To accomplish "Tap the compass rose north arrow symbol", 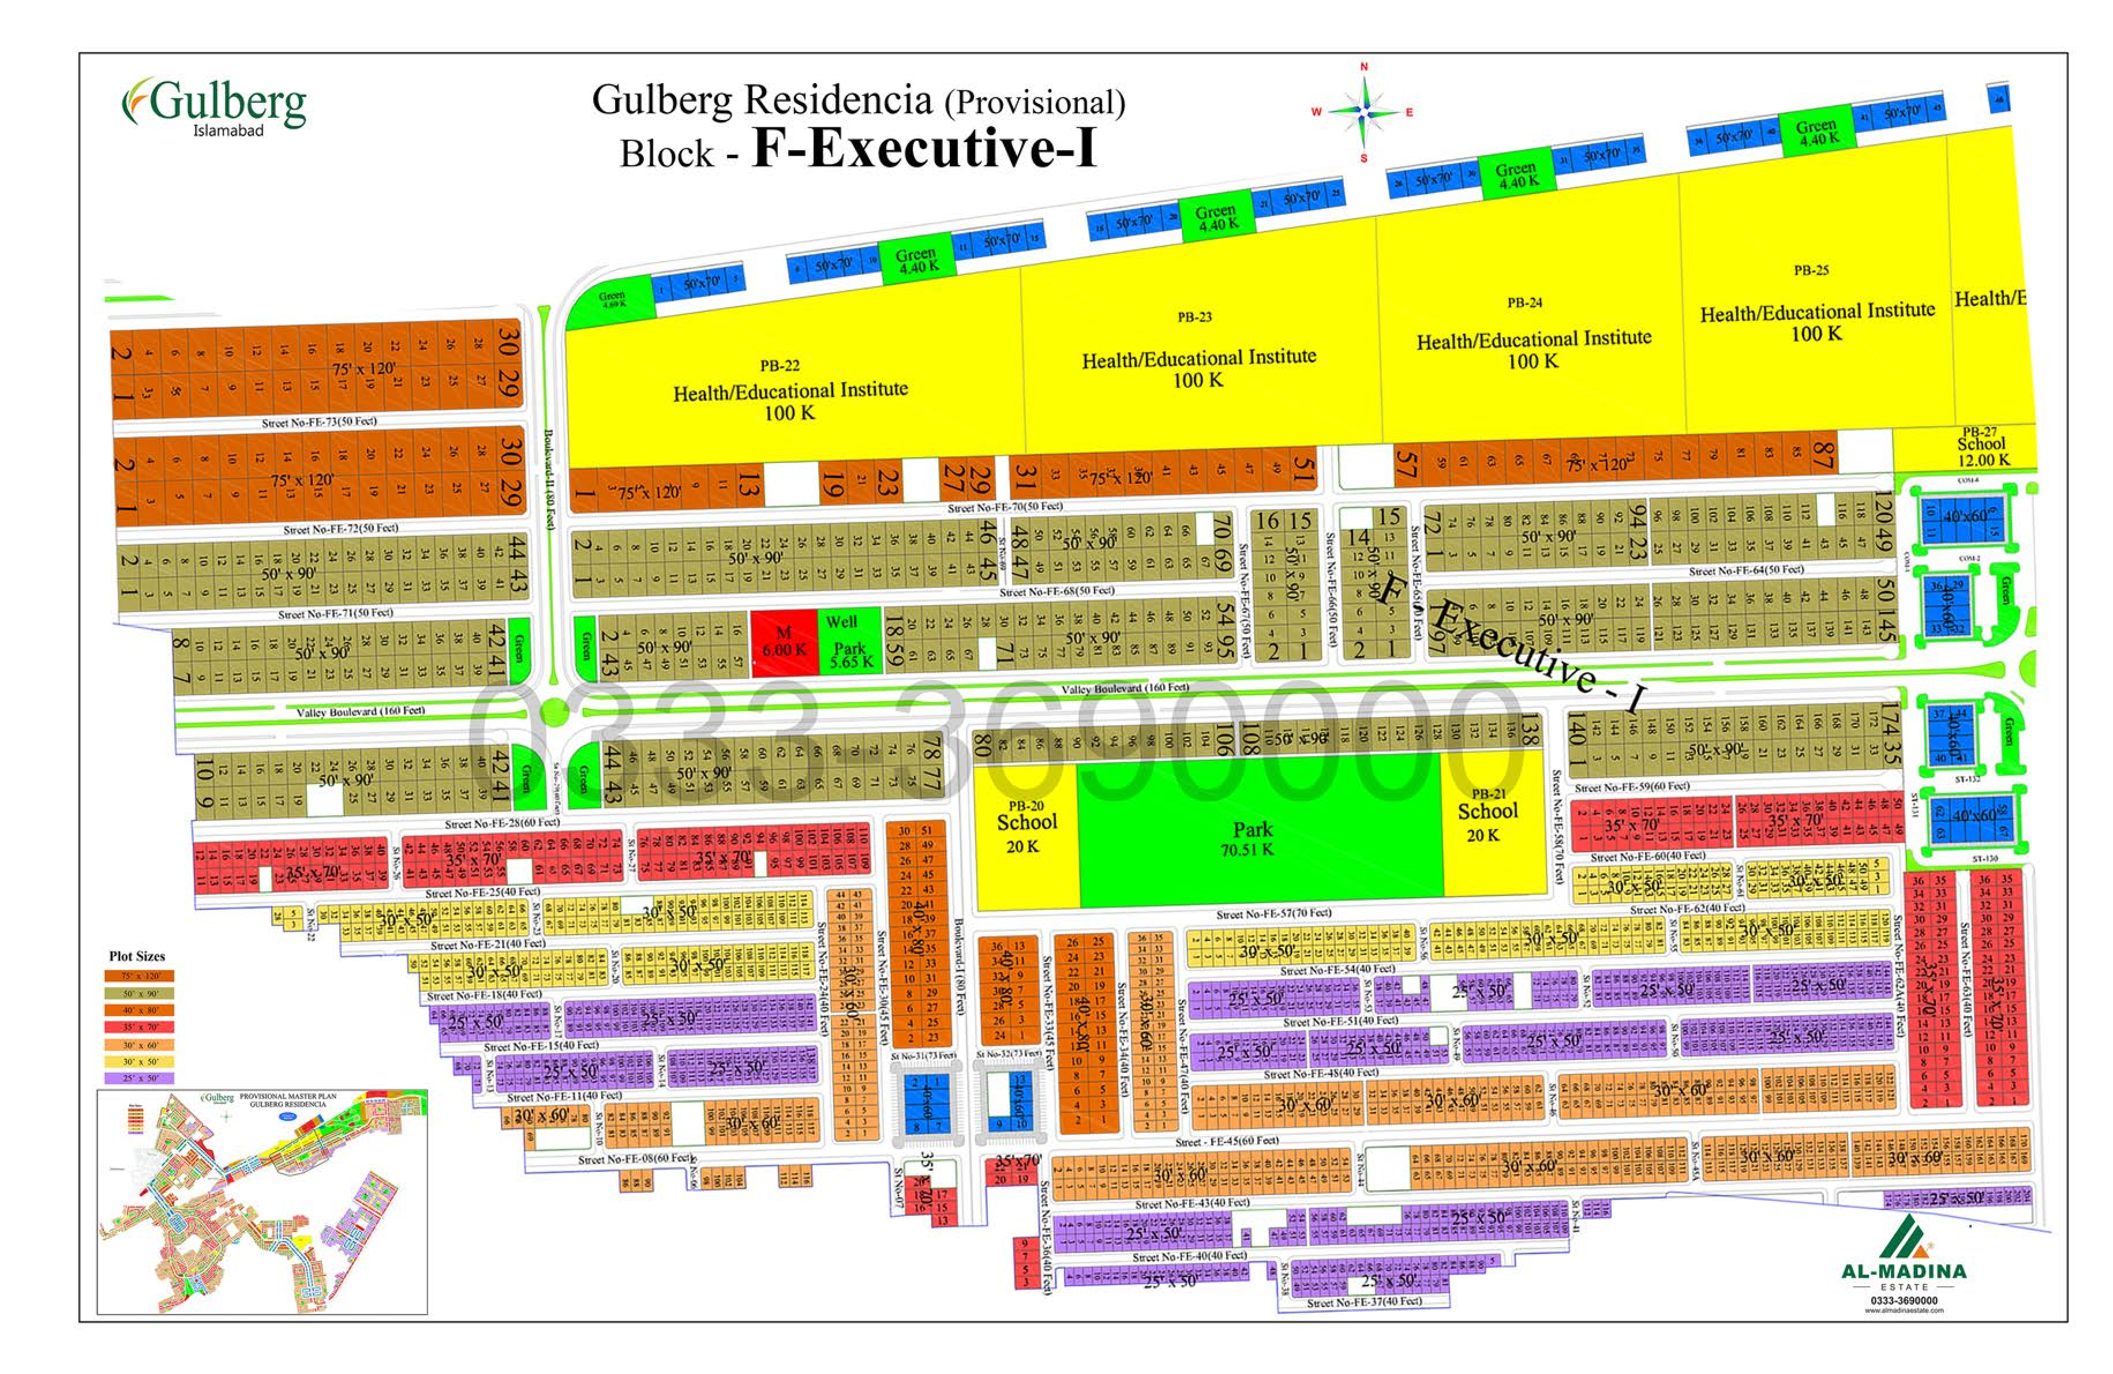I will click(x=1365, y=112).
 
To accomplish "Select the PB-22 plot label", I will click(x=780, y=365).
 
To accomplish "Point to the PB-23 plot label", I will click(x=1194, y=317).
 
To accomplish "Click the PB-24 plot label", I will click(x=1524, y=303).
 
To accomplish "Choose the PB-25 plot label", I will click(x=1810, y=271).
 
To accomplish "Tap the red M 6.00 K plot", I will click(x=784, y=641).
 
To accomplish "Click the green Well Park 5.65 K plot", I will click(x=849, y=641).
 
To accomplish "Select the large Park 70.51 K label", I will click(x=1252, y=838).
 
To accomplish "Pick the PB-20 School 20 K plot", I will click(x=1025, y=827).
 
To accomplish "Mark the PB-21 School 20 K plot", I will click(x=1487, y=815).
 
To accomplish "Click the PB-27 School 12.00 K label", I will click(x=1981, y=446).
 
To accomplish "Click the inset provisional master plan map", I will click(x=262, y=1203).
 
